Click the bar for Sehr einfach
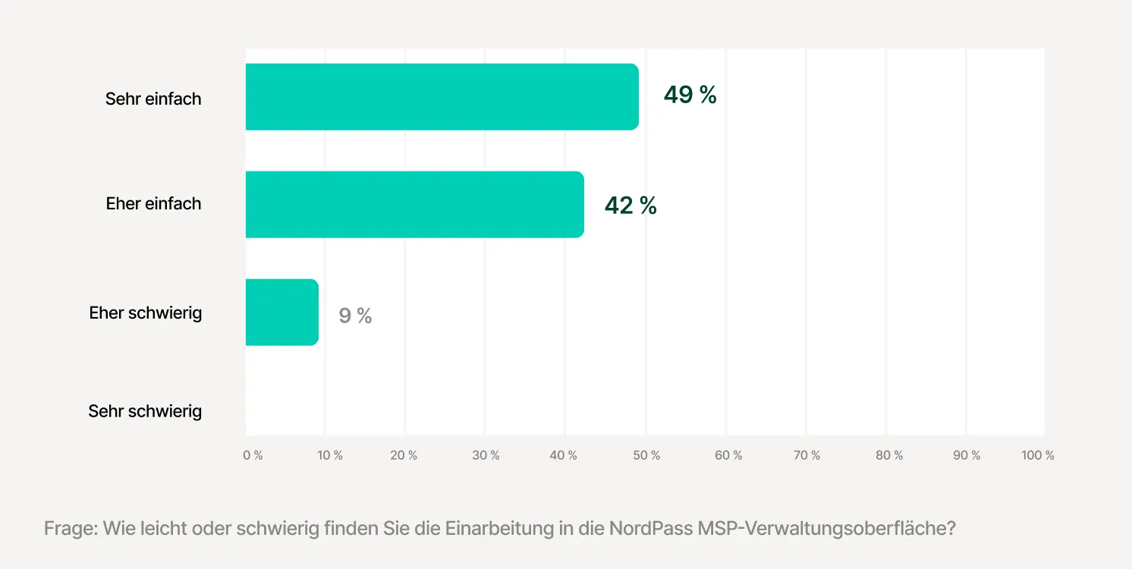[442, 96]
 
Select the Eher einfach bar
[414, 204]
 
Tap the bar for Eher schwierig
[281, 313]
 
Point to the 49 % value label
[690, 95]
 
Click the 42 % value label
[630, 205]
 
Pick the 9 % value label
[355, 316]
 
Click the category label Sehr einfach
[153, 99]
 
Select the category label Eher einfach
[153, 203]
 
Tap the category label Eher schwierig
[145, 313]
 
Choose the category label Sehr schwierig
[145, 411]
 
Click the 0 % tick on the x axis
[253, 455]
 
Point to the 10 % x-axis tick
[330, 455]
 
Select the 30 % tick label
[486, 455]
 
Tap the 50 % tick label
[646, 455]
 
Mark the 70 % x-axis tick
[807, 455]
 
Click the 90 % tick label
[967, 455]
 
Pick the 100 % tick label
[1038, 455]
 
